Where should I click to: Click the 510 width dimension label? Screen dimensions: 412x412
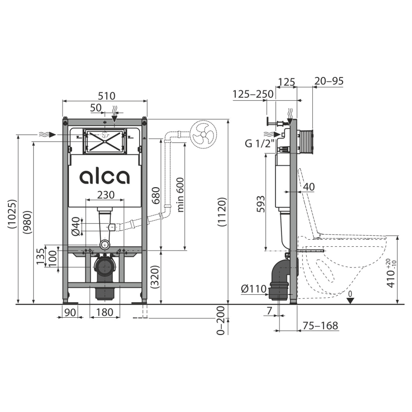pyautogui.click(x=107, y=96)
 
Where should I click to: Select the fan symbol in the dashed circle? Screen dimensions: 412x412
pyautogui.click(x=203, y=135)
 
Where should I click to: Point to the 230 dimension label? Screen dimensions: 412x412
pyautogui.click(x=106, y=195)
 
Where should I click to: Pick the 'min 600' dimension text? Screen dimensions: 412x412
pyautogui.click(x=180, y=195)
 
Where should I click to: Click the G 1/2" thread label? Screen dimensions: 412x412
pyautogui.click(x=260, y=143)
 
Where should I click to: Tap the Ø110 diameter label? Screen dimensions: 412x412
pyautogui.click(x=254, y=289)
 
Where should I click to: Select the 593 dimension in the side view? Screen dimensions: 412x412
pyautogui.click(x=261, y=204)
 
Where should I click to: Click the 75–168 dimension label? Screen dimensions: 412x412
pyautogui.click(x=320, y=326)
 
